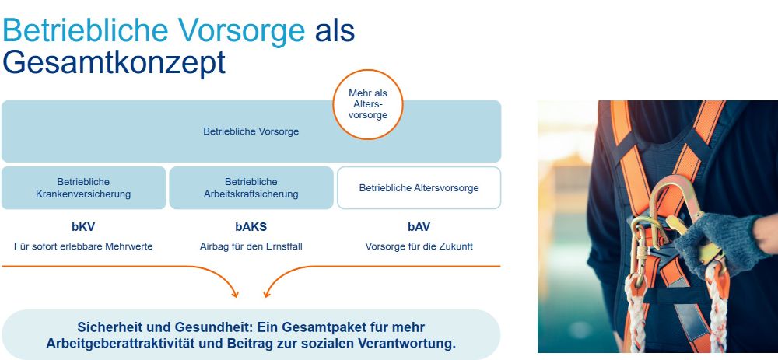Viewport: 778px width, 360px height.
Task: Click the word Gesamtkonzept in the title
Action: [114, 63]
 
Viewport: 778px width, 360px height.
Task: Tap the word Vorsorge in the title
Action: [242, 30]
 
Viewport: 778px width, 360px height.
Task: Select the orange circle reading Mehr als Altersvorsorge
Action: [368, 104]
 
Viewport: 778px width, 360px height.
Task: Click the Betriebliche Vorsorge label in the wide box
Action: [251, 131]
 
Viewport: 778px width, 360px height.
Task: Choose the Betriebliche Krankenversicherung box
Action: [83, 188]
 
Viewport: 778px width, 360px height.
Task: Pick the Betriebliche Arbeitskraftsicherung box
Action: [251, 188]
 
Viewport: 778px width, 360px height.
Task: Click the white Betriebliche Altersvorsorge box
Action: [419, 188]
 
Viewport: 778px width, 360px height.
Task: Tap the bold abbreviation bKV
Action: [83, 227]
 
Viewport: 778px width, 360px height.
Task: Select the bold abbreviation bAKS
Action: [251, 227]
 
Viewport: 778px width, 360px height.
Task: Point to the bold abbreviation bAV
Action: [419, 227]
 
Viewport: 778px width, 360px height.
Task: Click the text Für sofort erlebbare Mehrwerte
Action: [83, 246]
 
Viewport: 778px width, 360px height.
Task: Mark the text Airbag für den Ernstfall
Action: [251, 246]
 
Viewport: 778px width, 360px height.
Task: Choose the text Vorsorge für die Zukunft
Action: [419, 246]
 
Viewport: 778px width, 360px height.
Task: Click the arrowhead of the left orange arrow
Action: [236, 295]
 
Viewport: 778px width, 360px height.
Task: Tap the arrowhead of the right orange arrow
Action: [266, 295]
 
